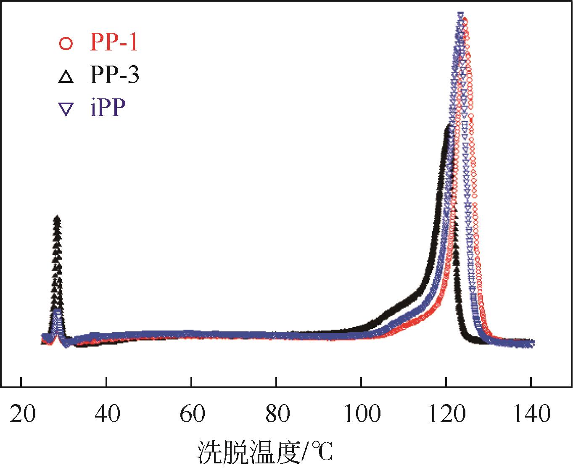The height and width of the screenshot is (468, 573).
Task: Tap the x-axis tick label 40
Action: tap(107, 415)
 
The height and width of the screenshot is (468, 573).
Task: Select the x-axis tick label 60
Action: tap(192, 415)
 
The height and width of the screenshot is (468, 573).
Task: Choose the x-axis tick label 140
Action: tap(531, 415)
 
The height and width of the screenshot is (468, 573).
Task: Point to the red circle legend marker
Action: tap(66, 44)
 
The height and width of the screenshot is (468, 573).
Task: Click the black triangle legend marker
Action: tap(66, 77)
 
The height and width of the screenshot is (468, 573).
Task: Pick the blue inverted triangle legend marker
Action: tap(66, 110)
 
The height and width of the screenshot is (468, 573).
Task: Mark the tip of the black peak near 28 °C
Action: tap(57, 217)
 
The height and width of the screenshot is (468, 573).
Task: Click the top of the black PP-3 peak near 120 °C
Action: tap(449, 125)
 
